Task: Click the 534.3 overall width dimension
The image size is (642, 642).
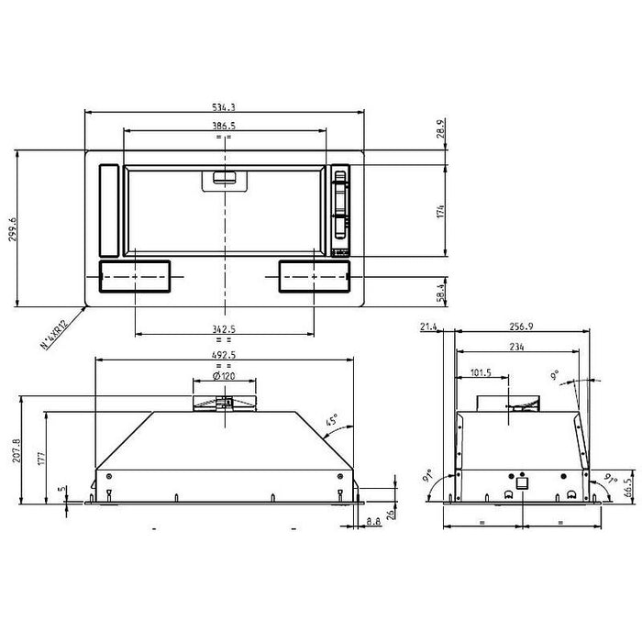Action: tap(224, 107)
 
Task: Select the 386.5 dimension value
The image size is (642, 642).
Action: tap(224, 125)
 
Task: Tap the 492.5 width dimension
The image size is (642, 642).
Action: tap(224, 356)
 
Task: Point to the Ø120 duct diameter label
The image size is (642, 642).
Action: tap(224, 376)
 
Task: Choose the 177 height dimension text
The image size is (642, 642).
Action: tap(41, 459)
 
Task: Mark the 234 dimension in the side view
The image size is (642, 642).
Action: tap(519, 346)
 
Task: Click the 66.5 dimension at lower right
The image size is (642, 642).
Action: tap(629, 484)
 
